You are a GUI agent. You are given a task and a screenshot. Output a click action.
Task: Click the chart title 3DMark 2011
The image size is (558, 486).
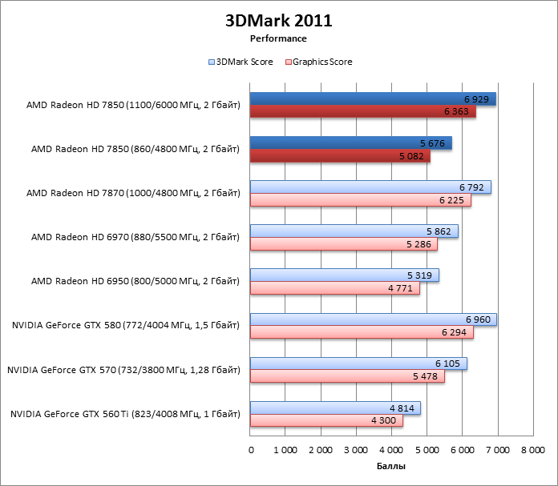point(278,20)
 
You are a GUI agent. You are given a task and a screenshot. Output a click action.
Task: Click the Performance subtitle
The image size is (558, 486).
point(278,38)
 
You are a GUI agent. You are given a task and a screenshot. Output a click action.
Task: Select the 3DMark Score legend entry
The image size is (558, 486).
point(240,62)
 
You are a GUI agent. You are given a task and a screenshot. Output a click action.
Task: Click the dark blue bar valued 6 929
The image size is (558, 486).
point(372,98)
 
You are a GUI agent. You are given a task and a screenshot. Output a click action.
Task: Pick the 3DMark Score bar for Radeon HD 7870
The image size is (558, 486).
point(370,187)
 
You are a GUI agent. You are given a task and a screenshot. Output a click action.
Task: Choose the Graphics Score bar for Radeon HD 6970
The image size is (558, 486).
point(343,245)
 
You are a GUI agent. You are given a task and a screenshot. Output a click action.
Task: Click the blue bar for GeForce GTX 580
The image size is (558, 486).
point(373,319)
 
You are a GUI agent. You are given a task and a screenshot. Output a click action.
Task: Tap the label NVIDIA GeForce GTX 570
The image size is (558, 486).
point(123,370)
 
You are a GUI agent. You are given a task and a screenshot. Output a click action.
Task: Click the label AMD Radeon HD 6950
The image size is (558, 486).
point(135,281)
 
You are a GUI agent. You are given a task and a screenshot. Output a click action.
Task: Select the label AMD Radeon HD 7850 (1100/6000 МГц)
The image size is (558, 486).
point(132,104)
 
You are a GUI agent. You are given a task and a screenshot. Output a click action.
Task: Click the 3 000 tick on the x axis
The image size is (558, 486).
point(356,451)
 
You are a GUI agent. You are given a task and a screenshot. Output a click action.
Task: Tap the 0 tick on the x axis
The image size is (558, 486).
point(251,451)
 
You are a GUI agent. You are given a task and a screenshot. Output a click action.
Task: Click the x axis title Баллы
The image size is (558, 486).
point(391,466)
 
